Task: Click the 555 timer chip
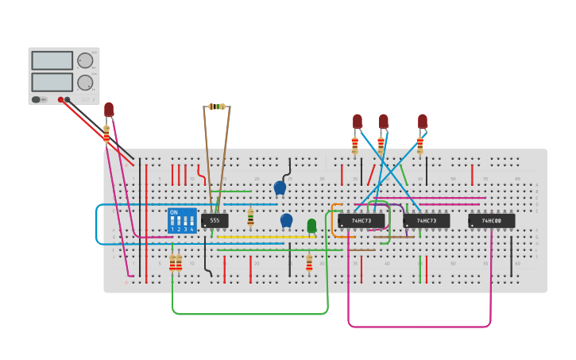point(215,220)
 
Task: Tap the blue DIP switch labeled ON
point(182,220)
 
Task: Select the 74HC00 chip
point(491,220)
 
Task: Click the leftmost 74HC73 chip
point(361,220)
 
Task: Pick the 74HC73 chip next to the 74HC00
point(426,220)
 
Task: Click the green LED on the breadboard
point(311,226)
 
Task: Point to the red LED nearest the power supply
point(109,110)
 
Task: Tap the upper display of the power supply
point(52,60)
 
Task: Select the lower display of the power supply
point(52,82)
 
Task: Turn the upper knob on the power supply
point(85,60)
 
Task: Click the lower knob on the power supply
point(85,82)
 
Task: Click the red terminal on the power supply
point(60,100)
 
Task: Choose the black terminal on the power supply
point(68,100)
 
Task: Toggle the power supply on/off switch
point(37,100)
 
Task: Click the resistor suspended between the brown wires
point(216,106)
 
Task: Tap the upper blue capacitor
point(280,188)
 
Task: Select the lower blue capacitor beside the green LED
point(286,220)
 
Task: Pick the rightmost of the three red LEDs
point(423,121)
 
